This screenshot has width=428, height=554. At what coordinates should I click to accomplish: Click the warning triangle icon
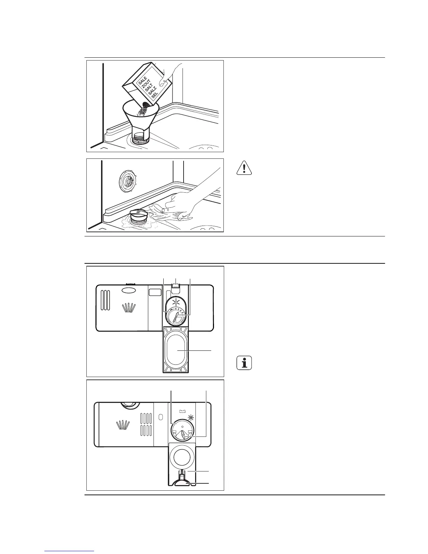244,168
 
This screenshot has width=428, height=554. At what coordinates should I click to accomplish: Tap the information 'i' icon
244,363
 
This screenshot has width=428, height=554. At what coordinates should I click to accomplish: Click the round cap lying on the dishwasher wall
127,180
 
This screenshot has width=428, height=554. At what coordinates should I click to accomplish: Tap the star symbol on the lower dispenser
191,417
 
